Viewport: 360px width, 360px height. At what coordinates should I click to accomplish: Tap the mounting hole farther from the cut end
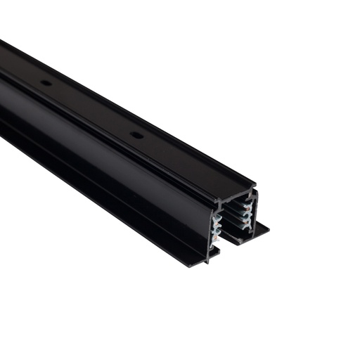point(46,82)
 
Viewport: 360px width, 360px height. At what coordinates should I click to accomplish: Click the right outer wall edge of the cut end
point(256,211)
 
